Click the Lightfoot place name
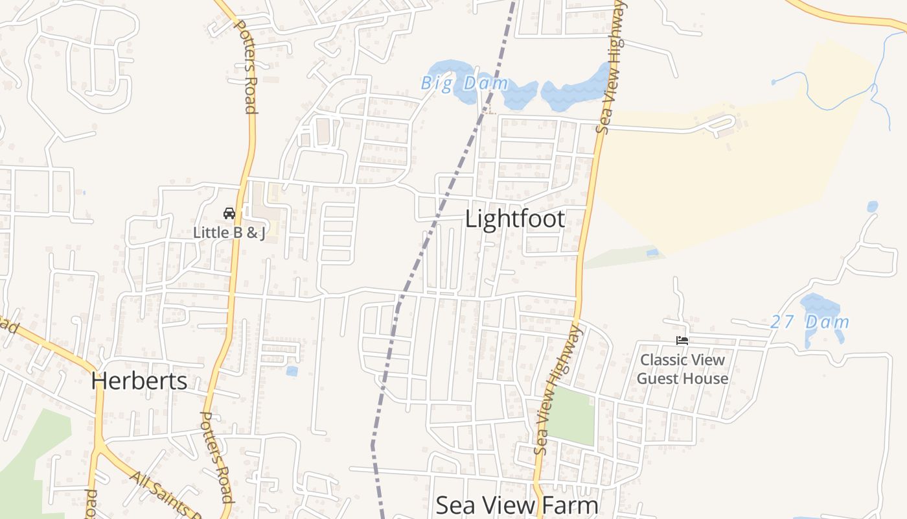tap(515, 219)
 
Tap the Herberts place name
tap(139, 380)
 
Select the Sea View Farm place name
tap(516, 505)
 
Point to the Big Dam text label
tap(465, 83)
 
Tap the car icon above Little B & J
tap(229, 213)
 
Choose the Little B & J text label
tap(229, 232)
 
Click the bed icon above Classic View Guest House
tap(682, 340)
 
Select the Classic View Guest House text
tap(682, 369)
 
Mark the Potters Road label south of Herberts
tap(216, 457)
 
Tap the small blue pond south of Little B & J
tap(292, 371)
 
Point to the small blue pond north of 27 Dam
tap(873, 206)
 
